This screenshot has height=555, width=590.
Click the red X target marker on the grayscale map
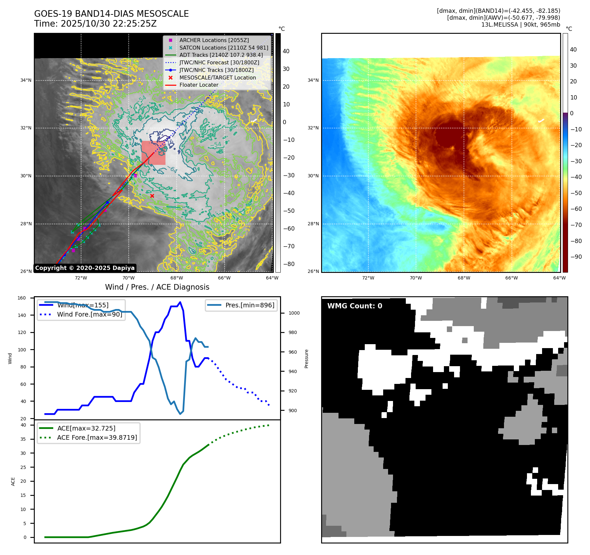[x=152, y=196]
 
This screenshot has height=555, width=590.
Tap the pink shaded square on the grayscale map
[x=153, y=153]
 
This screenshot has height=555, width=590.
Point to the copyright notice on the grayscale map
[x=85, y=268]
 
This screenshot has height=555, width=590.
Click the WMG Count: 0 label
[x=355, y=306]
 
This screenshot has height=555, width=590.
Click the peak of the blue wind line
[x=180, y=302]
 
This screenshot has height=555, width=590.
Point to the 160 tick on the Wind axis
[x=22, y=298]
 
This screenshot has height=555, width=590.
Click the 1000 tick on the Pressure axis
[x=294, y=313]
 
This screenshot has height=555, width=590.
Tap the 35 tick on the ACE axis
[x=23, y=439]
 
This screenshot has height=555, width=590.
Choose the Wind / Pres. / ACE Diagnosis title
[x=157, y=287]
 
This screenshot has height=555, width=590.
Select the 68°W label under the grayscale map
[x=177, y=278]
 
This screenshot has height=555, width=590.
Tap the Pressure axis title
[x=306, y=359]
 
